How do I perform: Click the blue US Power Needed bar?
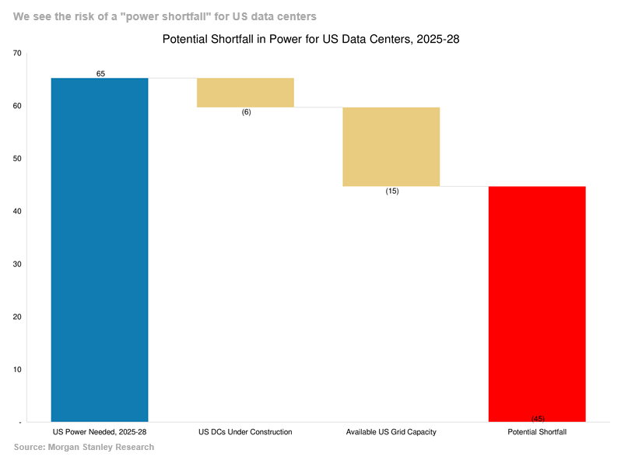100,250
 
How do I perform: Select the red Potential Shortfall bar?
537,304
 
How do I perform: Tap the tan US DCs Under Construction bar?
245,93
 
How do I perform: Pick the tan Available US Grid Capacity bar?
391,146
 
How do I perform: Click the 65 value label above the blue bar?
100,74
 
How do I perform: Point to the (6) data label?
246,112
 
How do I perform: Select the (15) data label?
392,191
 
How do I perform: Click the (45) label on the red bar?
538,419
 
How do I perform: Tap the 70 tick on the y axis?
17,53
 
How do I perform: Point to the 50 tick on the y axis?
17,158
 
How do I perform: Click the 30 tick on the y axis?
17,264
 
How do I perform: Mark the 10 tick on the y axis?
17,370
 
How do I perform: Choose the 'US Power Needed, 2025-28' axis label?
100,432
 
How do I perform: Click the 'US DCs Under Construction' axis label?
245,432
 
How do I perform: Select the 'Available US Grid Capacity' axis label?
391,432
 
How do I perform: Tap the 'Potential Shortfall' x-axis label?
537,432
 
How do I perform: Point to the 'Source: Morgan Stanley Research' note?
84,447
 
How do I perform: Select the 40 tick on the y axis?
17,211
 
